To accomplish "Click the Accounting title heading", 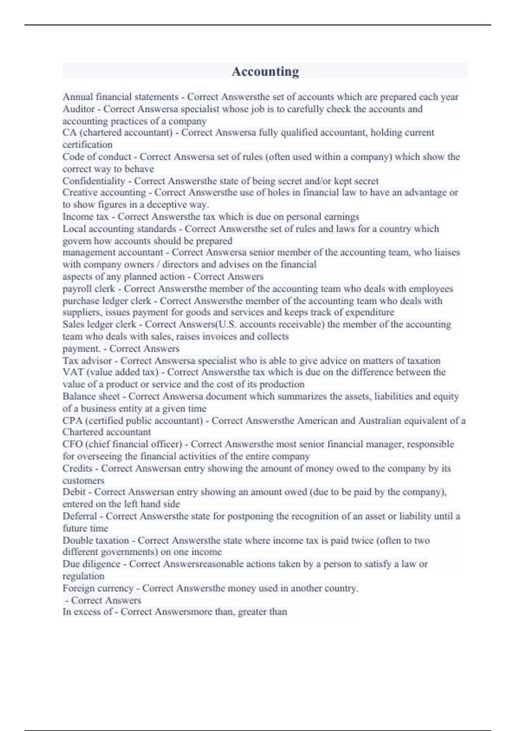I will (x=265, y=71).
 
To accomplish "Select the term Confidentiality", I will (x=93, y=181).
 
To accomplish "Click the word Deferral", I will (x=80, y=516).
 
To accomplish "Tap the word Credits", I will (x=77, y=468).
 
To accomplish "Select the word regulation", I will (x=83, y=576).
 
